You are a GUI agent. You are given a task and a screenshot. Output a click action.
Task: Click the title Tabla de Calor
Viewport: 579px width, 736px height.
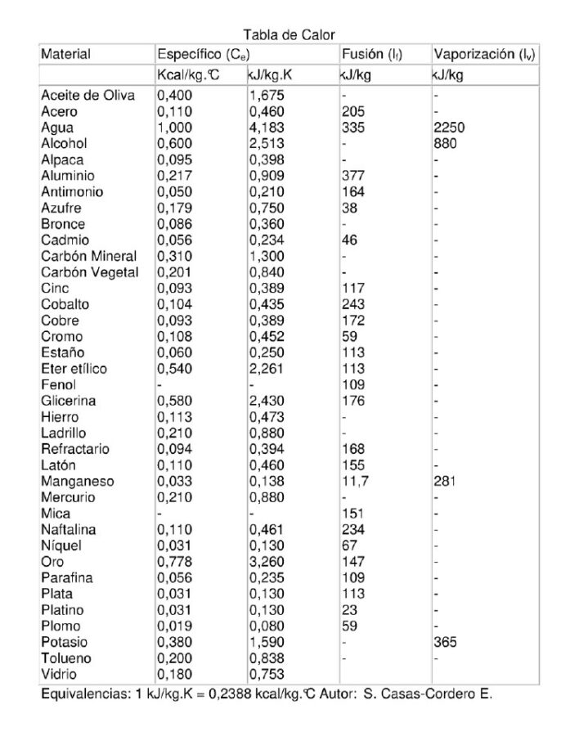pyautogui.click(x=289, y=34)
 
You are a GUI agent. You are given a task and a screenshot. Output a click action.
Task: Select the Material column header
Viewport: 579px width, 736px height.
pyautogui.click(x=65, y=55)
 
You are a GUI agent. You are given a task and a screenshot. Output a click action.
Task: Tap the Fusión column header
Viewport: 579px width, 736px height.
pyautogui.click(x=371, y=55)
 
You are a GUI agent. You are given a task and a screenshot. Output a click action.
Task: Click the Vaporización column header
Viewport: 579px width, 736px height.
pyautogui.click(x=484, y=55)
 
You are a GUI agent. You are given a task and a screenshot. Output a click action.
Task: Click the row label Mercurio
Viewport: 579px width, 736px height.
pyautogui.click(x=68, y=497)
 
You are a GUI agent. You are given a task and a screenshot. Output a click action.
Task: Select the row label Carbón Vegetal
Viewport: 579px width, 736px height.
pyautogui.click(x=90, y=272)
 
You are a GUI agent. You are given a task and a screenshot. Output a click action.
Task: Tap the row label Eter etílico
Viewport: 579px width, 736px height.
pyautogui.click(x=74, y=369)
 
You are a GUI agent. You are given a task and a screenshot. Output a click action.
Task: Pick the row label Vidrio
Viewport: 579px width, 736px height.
pyautogui.click(x=60, y=674)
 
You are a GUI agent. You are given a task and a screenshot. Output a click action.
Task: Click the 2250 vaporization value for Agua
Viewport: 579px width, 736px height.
pyautogui.click(x=449, y=128)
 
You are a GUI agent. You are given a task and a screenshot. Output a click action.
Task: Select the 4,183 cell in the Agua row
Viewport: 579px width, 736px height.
pyautogui.click(x=267, y=128)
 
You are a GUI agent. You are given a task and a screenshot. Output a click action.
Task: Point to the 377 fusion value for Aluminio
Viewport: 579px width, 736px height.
pyautogui.click(x=352, y=176)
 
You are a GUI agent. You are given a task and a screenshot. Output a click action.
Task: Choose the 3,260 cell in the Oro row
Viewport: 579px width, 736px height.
pyautogui.click(x=267, y=562)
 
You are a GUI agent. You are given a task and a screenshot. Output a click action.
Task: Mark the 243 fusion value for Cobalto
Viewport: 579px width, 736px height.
pyautogui.click(x=352, y=304)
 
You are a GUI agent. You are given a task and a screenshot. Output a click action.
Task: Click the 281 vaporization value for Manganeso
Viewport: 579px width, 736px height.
pyautogui.click(x=445, y=482)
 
